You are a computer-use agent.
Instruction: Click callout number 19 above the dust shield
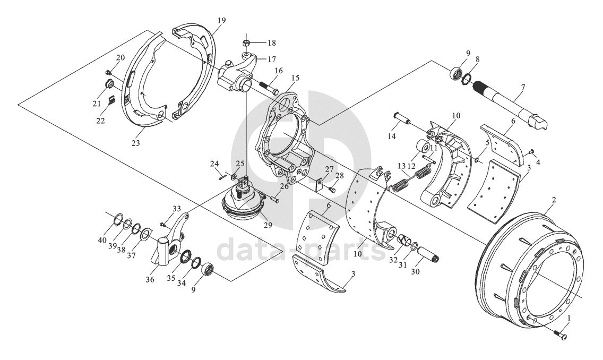tap(221, 20)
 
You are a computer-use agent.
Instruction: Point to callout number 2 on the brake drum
tap(554, 200)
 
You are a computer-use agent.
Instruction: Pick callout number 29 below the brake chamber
tap(268, 225)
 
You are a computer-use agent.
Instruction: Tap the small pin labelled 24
tap(222, 177)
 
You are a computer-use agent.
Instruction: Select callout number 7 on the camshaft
tap(523, 88)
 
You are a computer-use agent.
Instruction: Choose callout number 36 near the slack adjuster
tap(150, 280)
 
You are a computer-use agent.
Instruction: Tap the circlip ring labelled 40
tap(119, 220)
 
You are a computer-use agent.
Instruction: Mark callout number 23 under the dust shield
tap(136, 143)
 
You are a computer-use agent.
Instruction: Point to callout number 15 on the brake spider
tap(295, 78)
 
